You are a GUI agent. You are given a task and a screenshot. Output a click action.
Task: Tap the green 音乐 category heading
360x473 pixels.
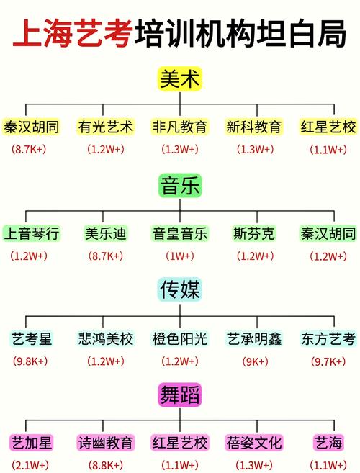(x=179, y=186)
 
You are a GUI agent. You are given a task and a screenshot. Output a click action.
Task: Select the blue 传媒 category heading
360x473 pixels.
(x=179, y=290)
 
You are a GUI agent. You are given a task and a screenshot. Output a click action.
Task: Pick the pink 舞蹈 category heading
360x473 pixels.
(x=179, y=395)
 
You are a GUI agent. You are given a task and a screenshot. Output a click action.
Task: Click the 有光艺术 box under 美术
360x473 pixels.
(x=105, y=127)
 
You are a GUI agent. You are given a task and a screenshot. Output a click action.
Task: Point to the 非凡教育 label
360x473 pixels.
(x=179, y=127)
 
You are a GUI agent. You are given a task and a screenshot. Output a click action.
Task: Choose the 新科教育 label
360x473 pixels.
(x=253, y=127)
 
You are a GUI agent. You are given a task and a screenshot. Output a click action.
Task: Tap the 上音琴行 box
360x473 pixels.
(x=32, y=233)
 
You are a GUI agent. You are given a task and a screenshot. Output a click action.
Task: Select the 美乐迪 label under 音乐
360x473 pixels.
(x=105, y=233)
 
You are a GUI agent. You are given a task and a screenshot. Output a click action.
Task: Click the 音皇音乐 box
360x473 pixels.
(x=179, y=233)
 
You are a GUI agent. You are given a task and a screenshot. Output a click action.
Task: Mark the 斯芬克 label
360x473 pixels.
(x=253, y=233)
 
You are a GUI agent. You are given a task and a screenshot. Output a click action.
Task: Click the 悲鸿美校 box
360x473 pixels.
(x=105, y=338)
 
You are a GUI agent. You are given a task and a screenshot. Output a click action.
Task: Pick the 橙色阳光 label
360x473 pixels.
(x=179, y=338)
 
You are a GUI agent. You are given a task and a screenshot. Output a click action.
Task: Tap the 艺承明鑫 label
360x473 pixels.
(x=253, y=338)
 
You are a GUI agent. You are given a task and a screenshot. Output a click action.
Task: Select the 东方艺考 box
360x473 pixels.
(x=328, y=338)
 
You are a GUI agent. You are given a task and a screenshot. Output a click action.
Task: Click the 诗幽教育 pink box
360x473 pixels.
(x=105, y=442)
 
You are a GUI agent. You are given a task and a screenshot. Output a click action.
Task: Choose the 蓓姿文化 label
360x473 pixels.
(x=253, y=442)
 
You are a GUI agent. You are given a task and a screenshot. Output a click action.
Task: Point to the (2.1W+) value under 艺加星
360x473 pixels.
(x=30, y=464)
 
